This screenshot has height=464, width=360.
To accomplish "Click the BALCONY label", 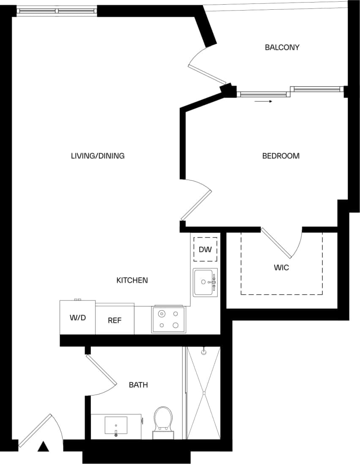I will coord(282,47).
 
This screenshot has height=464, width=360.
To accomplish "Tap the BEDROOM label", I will coord(281,156).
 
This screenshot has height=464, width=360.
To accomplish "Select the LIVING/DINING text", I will coord(98,156).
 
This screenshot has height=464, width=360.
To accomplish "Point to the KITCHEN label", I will coord(132,280).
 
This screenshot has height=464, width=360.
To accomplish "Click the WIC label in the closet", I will coord(281,267).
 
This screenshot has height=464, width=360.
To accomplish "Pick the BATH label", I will coord(138,385).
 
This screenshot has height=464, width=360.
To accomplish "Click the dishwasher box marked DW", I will coord(205,250).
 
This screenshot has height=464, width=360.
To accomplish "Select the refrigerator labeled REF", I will coord(115,320).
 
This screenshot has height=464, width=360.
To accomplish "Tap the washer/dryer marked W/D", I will coord(77,317).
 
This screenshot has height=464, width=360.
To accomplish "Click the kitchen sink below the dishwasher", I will coord(205,282).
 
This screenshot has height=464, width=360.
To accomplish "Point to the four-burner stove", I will coord(168,319).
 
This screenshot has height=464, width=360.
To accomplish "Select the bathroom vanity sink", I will coord(116,426).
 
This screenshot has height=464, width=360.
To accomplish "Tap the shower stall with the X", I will coord(204,393).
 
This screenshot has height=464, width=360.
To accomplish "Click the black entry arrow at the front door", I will coord(43,446).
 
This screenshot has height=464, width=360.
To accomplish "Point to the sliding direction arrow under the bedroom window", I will coord(263,101).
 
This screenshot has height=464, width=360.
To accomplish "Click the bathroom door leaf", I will coord(101,370).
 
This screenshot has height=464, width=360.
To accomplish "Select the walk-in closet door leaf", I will coord(276,243).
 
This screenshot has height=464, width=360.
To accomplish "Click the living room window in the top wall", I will coord(57,11).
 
